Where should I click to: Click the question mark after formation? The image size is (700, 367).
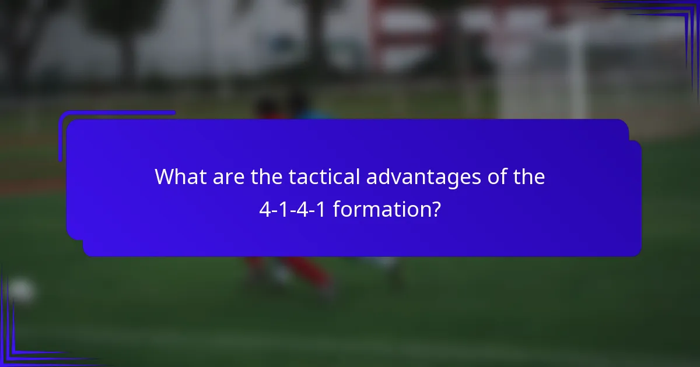[435, 210]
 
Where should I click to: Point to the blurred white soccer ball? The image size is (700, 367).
[21, 290]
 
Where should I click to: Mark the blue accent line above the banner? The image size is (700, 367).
[117, 113]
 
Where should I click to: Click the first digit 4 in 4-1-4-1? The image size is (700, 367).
[264, 210]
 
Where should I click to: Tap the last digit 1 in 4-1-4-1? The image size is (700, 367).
[324, 210]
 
